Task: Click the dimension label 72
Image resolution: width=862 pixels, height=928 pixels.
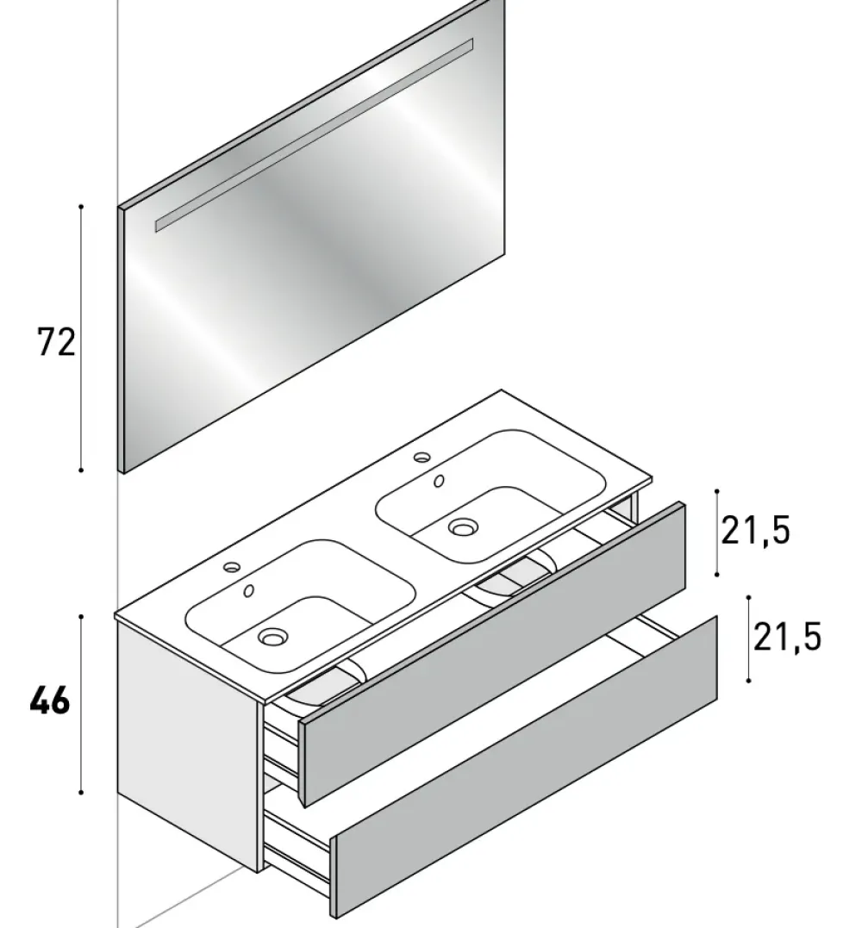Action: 56,342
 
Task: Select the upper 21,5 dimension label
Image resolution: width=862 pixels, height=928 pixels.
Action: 755,532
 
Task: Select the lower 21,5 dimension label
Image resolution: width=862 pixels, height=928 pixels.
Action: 787,637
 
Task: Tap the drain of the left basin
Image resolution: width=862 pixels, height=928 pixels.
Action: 273,638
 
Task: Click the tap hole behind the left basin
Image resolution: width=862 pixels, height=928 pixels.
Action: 231,567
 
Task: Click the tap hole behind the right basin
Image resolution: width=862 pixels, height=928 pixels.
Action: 422,457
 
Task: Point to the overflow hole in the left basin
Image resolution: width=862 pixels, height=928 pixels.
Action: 249,590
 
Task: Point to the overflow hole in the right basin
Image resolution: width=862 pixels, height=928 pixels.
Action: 439,481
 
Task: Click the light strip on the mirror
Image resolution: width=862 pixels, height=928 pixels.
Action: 314,134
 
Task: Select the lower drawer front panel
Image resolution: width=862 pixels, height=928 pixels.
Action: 526,767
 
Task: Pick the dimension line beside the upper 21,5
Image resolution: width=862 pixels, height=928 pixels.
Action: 717,532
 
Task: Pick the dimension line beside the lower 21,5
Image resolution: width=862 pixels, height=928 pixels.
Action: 748,638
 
